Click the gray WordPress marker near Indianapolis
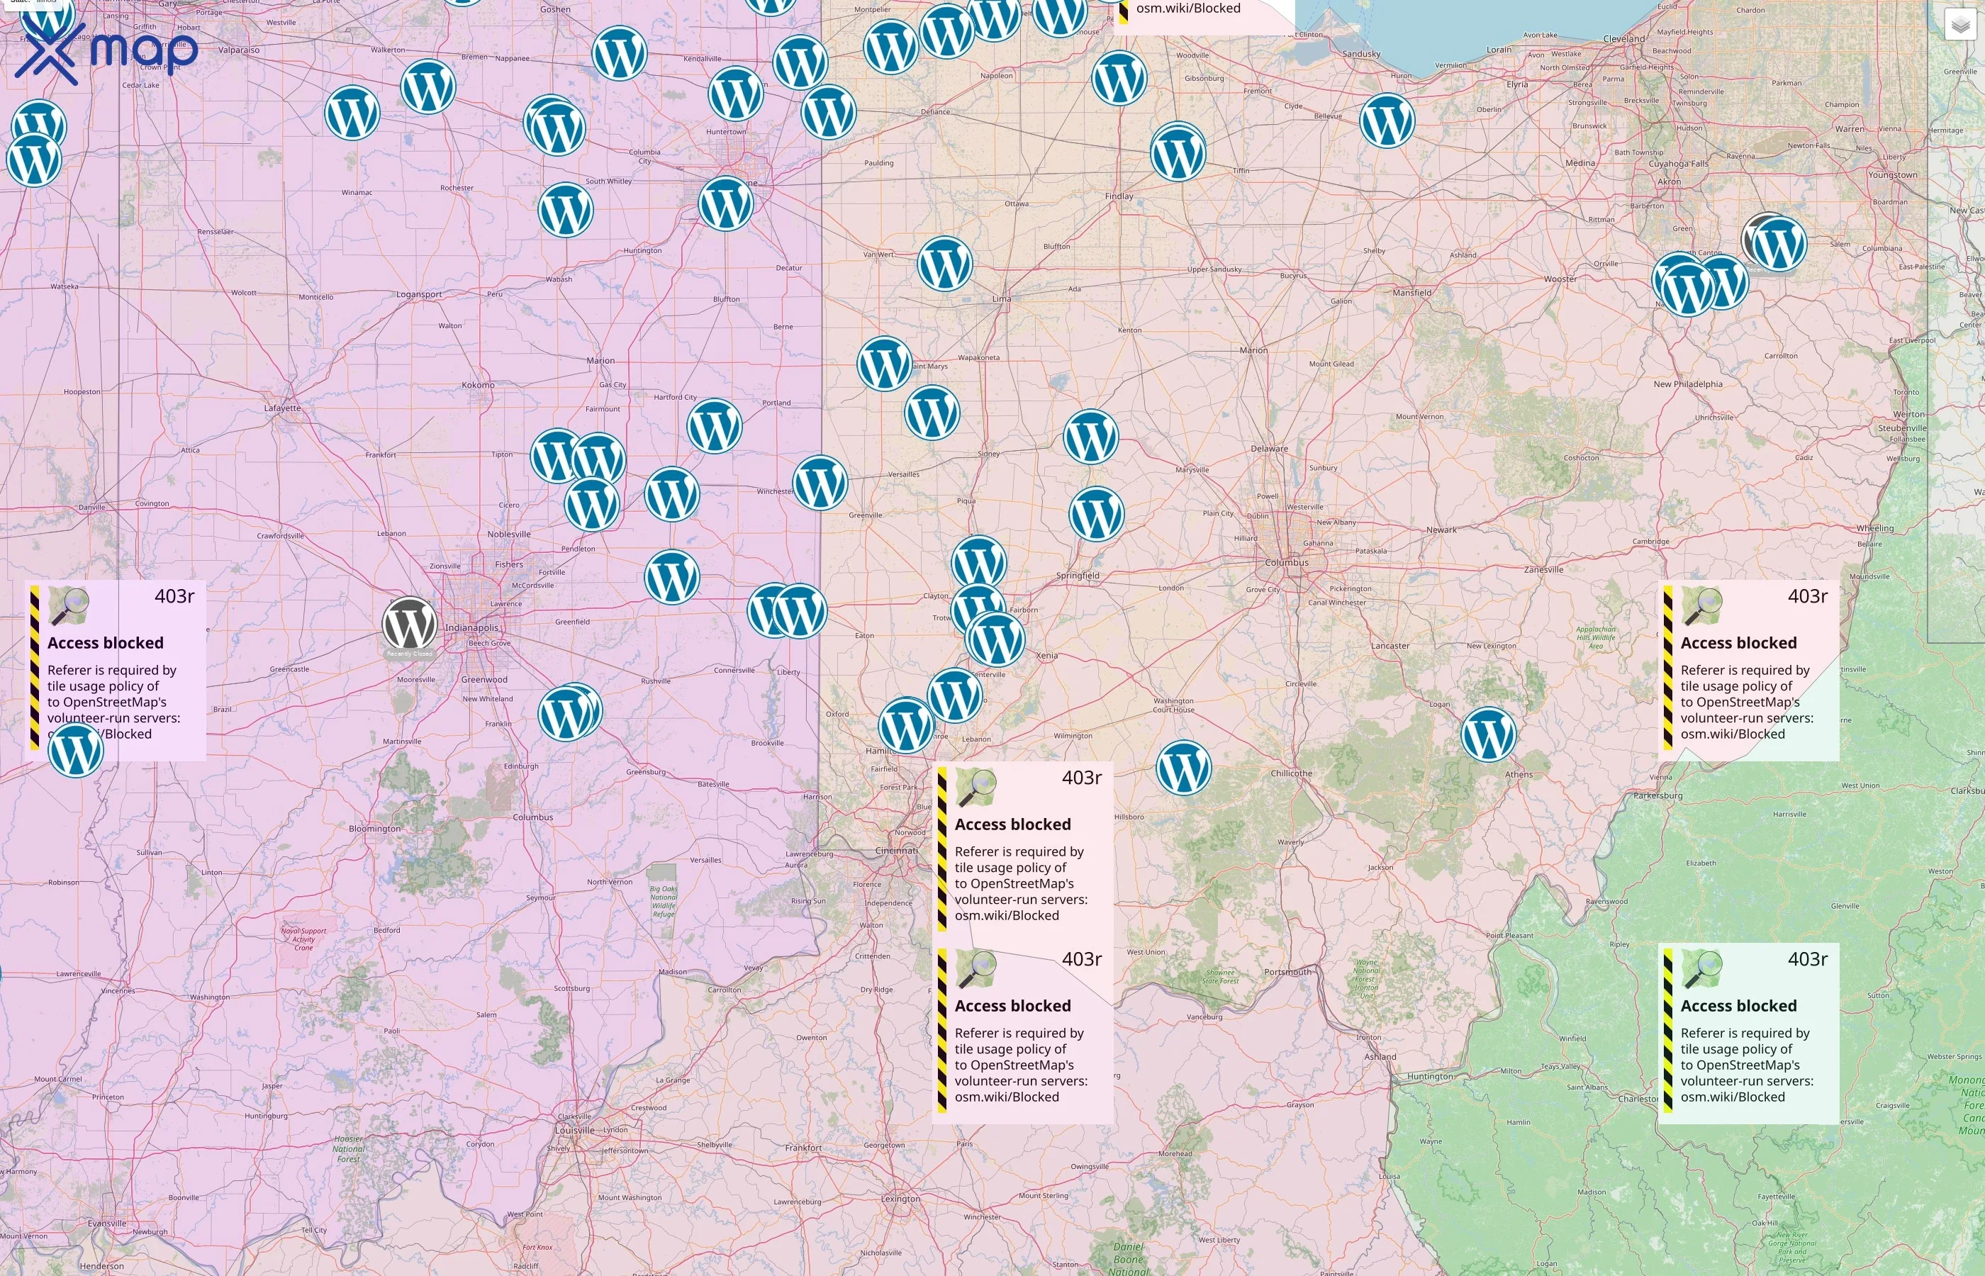[x=409, y=624]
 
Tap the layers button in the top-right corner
[x=1959, y=25]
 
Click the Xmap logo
[x=106, y=51]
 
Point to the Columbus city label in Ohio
[x=1287, y=563]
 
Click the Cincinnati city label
[x=896, y=851]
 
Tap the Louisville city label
[x=575, y=1130]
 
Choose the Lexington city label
[x=900, y=1199]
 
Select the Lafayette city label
[x=282, y=408]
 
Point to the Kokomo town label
[x=478, y=386]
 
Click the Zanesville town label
[x=1543, y=569]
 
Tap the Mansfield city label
[x=1411, y=293]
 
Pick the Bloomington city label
[x=374, y=829]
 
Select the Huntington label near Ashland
[x=1430, y=1076]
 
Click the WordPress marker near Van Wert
[x=944, y=264]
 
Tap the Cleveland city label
[x=1623, y=39]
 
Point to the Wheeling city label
[x=1875, y=528]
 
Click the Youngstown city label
[x=1892, y=175]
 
